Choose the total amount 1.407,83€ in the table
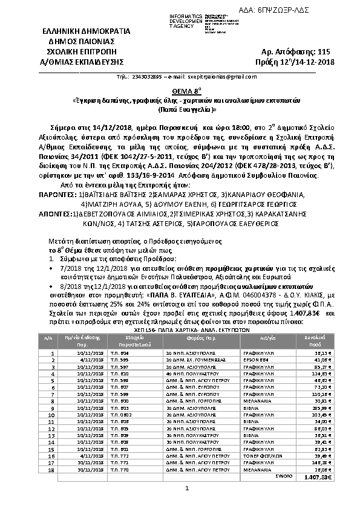click(314, 476)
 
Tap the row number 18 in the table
click(53, 469)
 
